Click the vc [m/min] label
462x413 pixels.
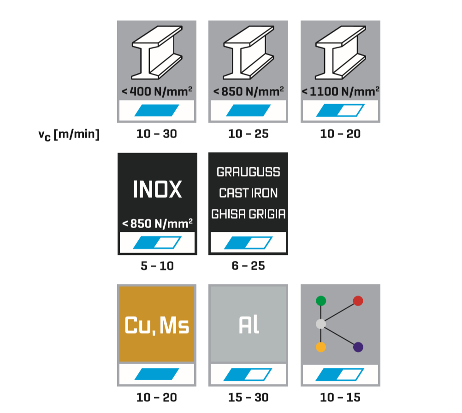coord(69,135)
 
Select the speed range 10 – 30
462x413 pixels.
coord(157,134)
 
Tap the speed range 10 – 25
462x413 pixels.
coord(248,134)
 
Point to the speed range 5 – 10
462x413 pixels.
coord(157,266)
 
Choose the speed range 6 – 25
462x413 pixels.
coord(248,266)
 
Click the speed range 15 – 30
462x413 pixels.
coord(248,397)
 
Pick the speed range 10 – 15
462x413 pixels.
coord(340,397)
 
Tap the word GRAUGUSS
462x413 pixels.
coord(248,172)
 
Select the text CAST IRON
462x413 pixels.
coord(248,193)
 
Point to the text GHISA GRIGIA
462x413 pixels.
coord(248,214)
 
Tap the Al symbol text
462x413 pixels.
coord(249,325)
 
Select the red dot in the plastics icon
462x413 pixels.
coord(358,301)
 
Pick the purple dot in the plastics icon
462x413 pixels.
coord(358,347)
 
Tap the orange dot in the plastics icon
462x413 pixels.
coord(321,347)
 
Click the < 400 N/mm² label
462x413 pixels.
coord(157,91)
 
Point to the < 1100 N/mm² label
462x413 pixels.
coord(340,91)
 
